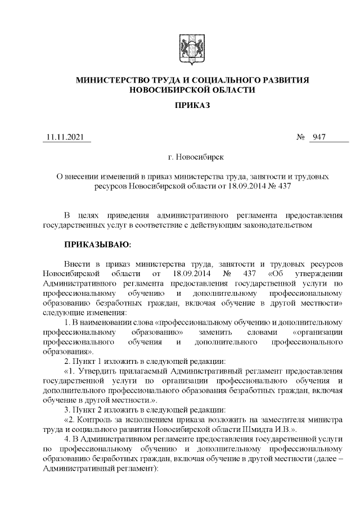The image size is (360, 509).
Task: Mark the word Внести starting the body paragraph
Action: point(77,264)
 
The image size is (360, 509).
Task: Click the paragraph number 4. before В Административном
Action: point(67,438)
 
